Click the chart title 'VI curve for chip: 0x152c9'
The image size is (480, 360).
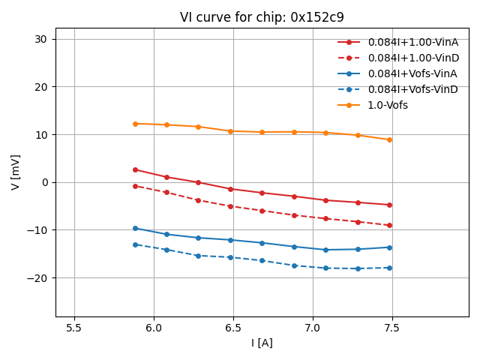pyautogui.click(x=262, y=17)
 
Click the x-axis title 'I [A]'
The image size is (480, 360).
pyautogui.click(x=262, y=343)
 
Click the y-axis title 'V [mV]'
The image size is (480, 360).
pyautogui.click(x=16, y=172)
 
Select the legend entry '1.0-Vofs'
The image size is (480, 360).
pyautogui.click(x=388, y=105)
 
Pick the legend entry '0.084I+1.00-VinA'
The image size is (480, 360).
pyautogui.click(x=412, y=42)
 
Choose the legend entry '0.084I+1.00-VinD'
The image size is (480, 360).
pyautogui.click(x=412, y=58)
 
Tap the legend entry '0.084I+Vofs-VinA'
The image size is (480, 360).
pyautogui.click(x=412, y=73)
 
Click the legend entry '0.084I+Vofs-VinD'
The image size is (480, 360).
pyautogui.click(x=412, y=89)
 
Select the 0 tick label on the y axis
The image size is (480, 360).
pyautogui.click(x=46, y=182)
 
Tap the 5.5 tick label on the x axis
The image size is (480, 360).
pyautogui.click(x=74, y=328)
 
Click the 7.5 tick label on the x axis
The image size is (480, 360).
pyautogui.click(x=392, y=328)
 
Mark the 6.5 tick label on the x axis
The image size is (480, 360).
pyautogui.click(x=233, y=328)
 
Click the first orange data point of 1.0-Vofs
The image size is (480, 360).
pyautogui.click(x=135, y=124)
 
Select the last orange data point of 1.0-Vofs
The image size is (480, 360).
pyautogui.click(x=389, y=139)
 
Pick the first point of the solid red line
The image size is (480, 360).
pyautogui.click(x=135, y=169)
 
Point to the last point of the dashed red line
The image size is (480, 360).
pyautogui.click(x=389, y=225)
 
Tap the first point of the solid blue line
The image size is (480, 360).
pyautogui.click(x=135, y=228)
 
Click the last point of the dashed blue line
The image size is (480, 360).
pyautogui.click(x=389, y=268)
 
